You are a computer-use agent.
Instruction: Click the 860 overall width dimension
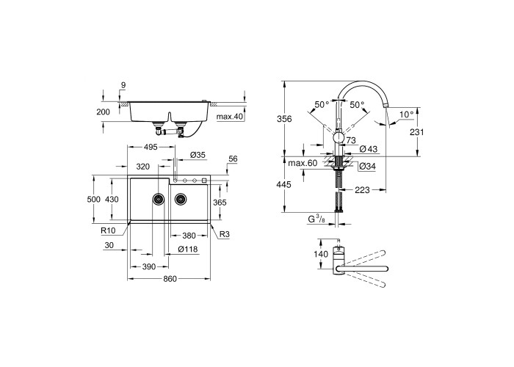click(170, 279)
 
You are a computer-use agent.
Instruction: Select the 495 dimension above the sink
click(151, 147)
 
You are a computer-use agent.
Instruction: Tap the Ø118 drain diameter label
click(188, 250)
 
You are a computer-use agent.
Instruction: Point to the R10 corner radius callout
click(108, 230)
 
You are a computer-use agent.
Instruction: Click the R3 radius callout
click(224, 235)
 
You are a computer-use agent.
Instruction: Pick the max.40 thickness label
click(230, 116)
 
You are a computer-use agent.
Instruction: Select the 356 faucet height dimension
click(284, 119)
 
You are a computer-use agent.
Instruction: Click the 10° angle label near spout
click(407, 115)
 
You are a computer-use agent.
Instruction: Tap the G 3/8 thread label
click(316, 219)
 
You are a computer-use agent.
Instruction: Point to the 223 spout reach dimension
click(362, 189)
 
